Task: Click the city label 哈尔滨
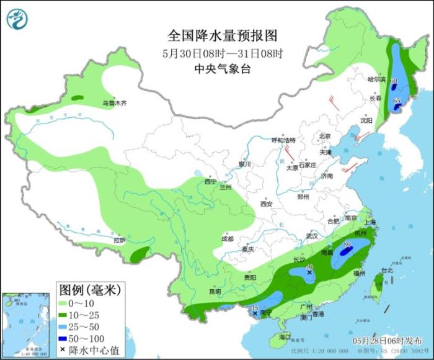pos(376,80)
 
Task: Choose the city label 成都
pos(227,239)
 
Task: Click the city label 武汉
pos(311,236)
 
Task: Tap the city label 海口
pos(285,336)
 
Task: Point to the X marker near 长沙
pos(309,272)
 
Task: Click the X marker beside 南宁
pos(255,314)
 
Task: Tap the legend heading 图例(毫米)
pos(89,289)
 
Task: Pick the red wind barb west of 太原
pos(288,153)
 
